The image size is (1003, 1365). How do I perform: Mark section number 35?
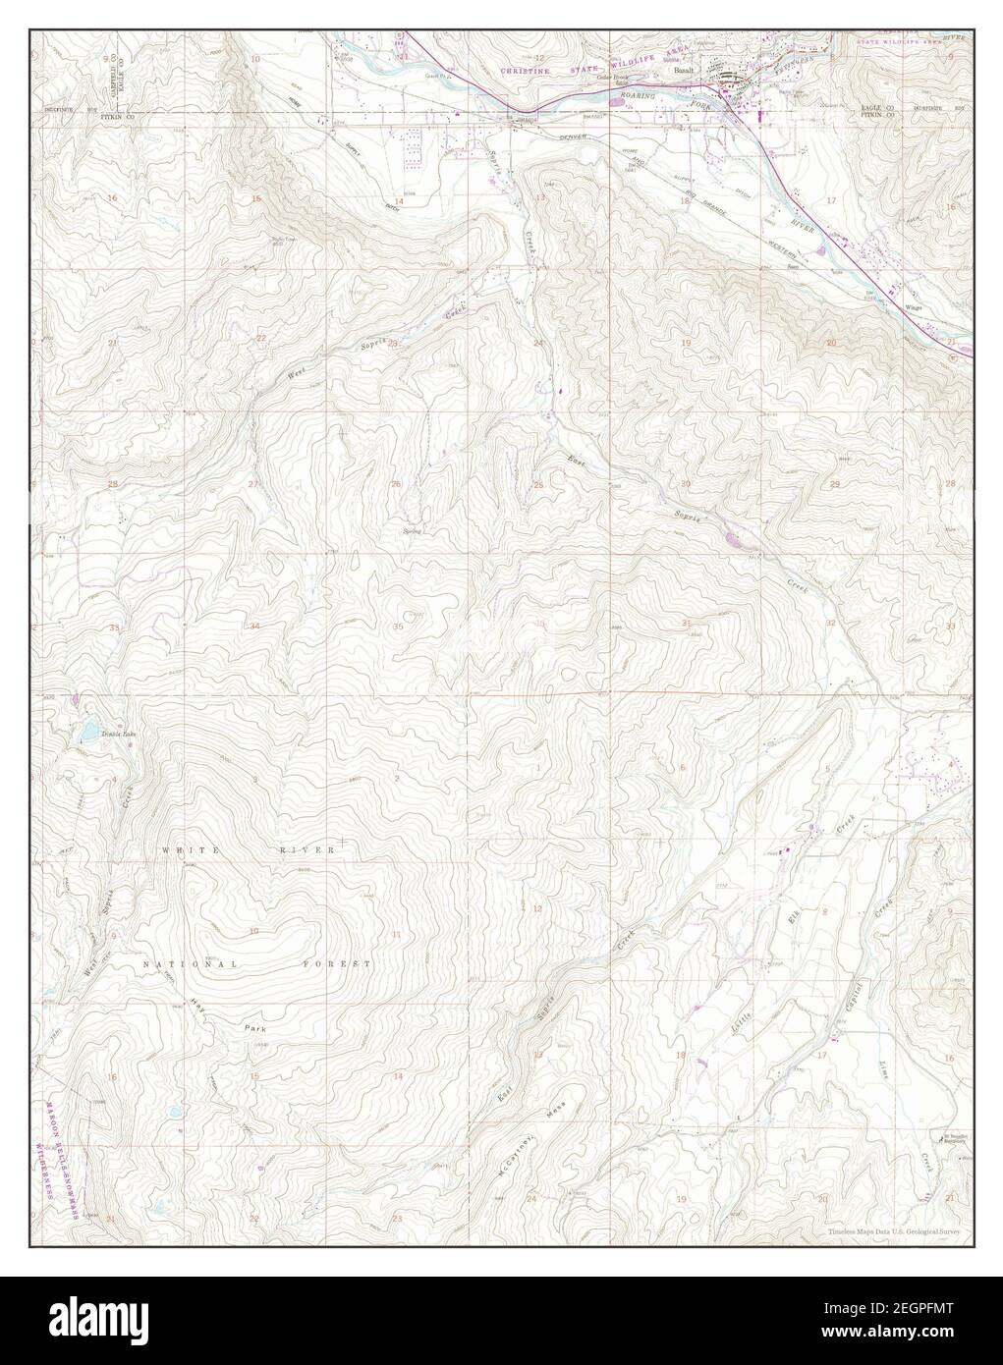pos(398,627)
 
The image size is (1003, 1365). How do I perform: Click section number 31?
pos(686,624)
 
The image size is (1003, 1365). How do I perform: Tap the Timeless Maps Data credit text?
pos(891,1229)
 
